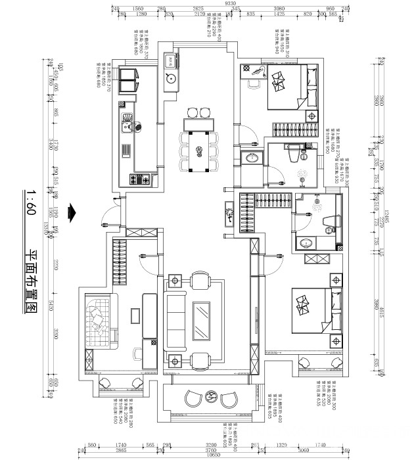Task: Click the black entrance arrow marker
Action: (x=74, y=213)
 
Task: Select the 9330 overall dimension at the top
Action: (x=231, y=3)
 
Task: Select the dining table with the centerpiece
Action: (x=199, y=149)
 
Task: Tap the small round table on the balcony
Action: (x=212, y=396)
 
